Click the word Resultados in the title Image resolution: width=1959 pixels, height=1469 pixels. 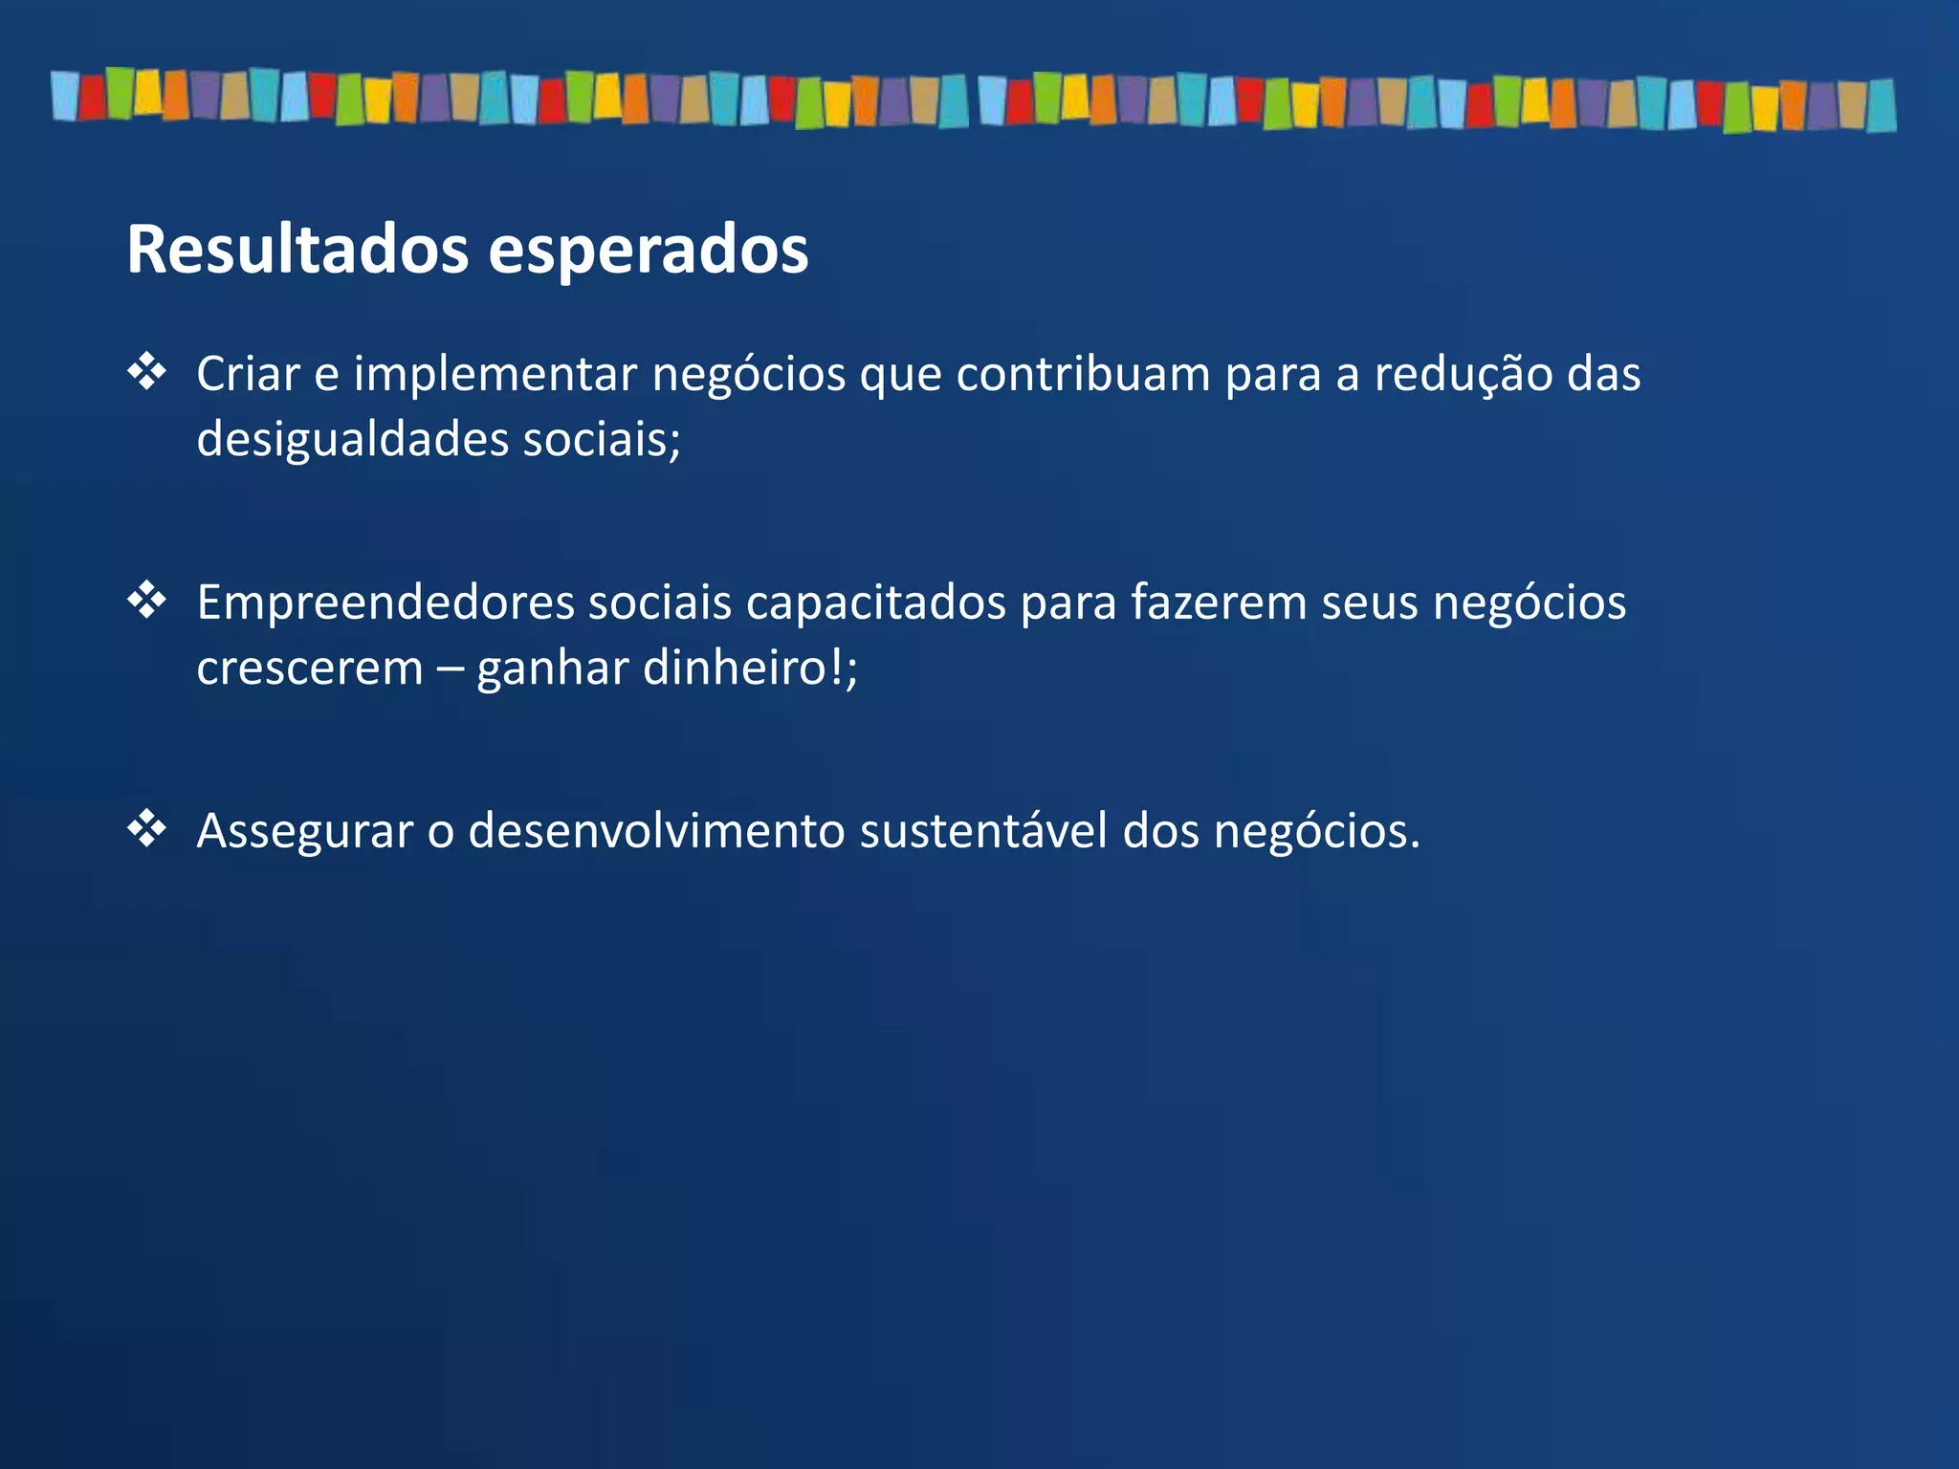297,250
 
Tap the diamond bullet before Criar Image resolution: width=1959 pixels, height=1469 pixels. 147,371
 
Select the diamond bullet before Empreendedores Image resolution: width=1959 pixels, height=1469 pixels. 147,601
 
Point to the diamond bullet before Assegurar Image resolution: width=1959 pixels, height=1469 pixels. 147,828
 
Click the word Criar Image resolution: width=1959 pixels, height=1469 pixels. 248,373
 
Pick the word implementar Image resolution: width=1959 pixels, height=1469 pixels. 495,375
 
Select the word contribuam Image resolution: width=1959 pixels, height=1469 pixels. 1083,373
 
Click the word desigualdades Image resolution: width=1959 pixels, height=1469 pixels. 352,440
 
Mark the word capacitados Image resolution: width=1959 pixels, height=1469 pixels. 875,603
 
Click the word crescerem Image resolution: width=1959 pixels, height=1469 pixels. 309,669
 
